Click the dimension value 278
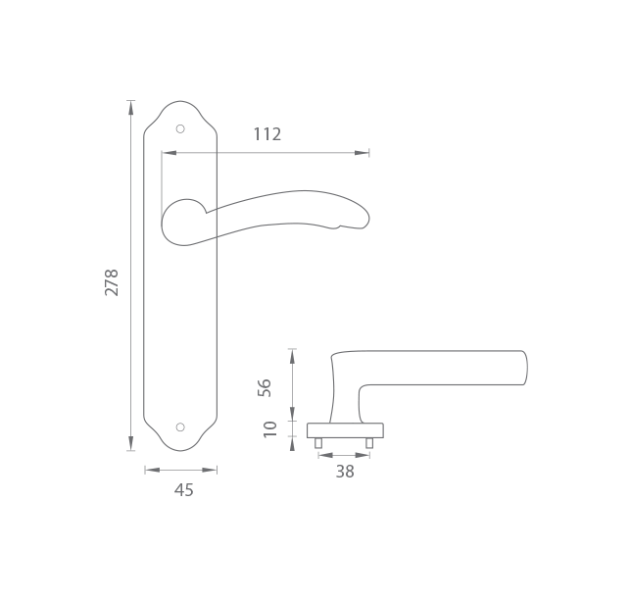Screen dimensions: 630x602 pos(112,282)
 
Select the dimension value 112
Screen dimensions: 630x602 pos(267,134)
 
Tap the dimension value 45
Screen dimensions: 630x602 pos(183,490)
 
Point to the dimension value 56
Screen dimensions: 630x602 pos(265,387)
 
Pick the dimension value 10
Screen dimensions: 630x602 pos(270,429)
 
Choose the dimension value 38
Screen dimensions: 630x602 pos(345,472)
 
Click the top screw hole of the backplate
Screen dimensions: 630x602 pos(180,128)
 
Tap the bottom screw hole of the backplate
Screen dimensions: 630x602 pos(180,426)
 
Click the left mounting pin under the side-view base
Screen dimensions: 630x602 pos(318,443)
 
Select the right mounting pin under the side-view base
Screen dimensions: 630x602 pos(369,443)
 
